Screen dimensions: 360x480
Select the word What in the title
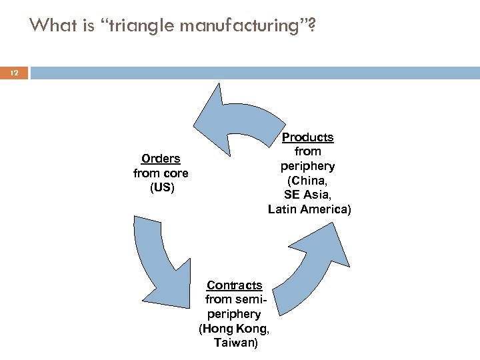point(49,25)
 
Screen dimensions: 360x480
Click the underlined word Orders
point(161,159)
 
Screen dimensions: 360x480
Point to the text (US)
point(161,187)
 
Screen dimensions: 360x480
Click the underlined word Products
point(307,137)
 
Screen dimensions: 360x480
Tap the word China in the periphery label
point(307,180)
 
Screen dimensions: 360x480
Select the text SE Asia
point(307,195)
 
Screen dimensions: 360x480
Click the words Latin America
point(309,209)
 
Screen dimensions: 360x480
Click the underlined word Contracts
point(234,285)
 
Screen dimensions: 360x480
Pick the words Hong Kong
point(234,329)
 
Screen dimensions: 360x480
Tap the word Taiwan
point(234,343)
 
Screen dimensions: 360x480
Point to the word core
point(175,173)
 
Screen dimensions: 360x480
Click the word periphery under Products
point(307,166)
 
